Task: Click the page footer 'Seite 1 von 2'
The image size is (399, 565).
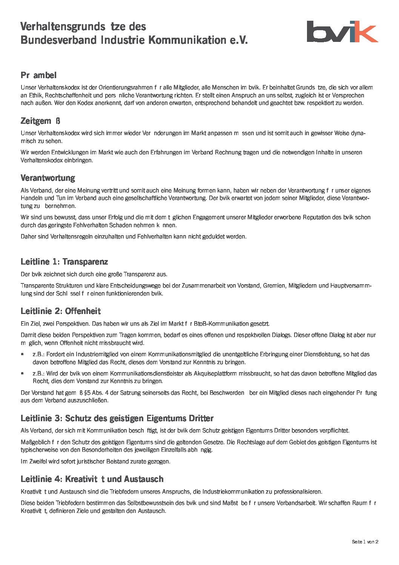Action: pos(365,542)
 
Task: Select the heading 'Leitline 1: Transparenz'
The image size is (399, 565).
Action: pos(64,262)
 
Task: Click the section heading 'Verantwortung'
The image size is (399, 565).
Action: pos(48,178)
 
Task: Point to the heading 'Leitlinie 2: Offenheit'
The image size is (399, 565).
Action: pos(61,311)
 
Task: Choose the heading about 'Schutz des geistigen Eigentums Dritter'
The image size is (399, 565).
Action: pos(117,418)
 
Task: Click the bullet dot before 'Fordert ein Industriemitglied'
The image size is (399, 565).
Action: pos(23,354)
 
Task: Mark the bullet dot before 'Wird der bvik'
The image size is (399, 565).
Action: pos(23,374)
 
